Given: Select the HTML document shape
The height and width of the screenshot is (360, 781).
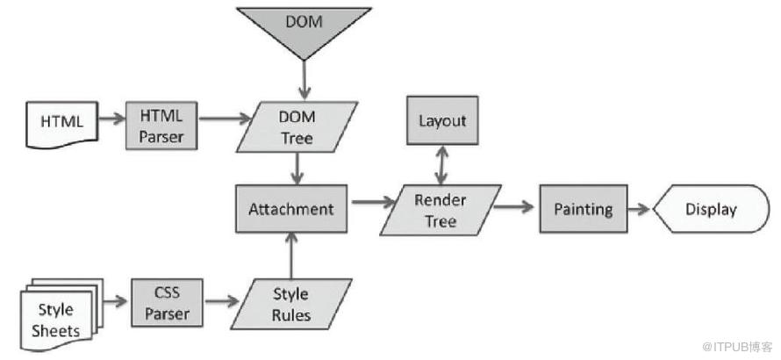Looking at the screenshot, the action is click(61, 124).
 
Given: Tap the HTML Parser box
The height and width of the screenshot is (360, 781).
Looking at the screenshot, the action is click(161, 126).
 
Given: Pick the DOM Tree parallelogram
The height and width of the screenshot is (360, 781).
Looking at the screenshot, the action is click(297, 126).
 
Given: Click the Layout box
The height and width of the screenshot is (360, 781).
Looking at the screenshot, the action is click(442, 120).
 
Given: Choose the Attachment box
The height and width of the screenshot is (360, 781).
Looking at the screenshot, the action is click(291, 208).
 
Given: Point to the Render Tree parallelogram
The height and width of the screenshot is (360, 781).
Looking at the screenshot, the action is click(441, 210).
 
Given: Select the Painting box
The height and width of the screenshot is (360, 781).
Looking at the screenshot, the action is click(584, 208).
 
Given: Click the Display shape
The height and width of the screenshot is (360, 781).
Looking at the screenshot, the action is click(712, 208).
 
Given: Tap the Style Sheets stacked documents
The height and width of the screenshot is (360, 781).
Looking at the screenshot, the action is click(61, 313).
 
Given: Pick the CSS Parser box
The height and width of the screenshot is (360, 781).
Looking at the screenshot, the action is click(168, 303).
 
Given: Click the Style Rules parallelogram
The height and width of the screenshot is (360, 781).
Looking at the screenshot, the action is click(291, 304).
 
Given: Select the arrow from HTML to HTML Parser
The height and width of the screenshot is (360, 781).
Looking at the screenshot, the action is click(112, 119).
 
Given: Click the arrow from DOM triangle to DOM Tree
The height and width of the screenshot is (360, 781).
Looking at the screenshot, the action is click(304, 80).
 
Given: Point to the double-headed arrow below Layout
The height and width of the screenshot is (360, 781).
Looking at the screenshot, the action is click(441, 165).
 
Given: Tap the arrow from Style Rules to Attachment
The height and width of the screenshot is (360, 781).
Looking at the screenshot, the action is click(291, 256).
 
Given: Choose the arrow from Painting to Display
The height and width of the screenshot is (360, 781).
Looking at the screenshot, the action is click(640, 208).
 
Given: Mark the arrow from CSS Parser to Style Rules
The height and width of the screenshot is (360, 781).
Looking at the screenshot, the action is click(222, 301).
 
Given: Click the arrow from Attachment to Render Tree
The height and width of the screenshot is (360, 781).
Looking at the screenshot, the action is click(374, 202).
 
